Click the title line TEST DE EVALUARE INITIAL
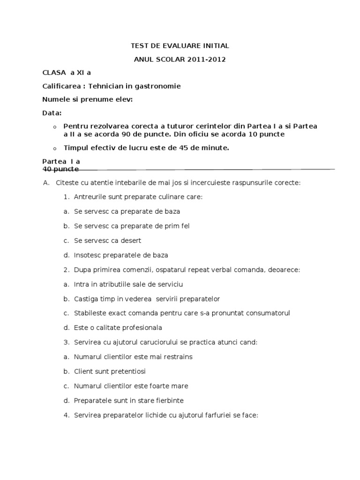(180, 46)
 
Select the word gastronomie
(159, 86)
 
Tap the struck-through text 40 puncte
(60, 168)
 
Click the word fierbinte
(168, 400)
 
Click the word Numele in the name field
(55, 99)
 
